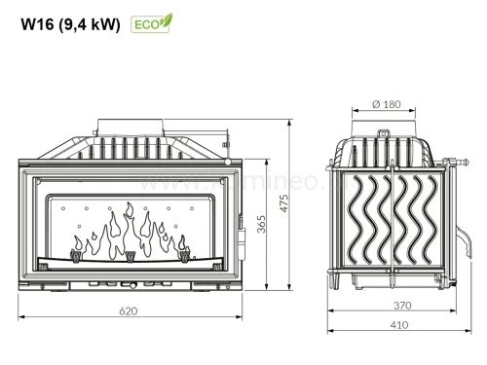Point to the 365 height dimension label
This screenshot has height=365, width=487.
(x=262, y=225)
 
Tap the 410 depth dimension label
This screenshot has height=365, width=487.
(x=401, y=326)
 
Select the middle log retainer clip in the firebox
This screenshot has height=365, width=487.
(x=130, y=257)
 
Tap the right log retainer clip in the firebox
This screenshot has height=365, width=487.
(x=183, y=257)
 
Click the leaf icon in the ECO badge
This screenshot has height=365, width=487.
(x=166, y=19)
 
